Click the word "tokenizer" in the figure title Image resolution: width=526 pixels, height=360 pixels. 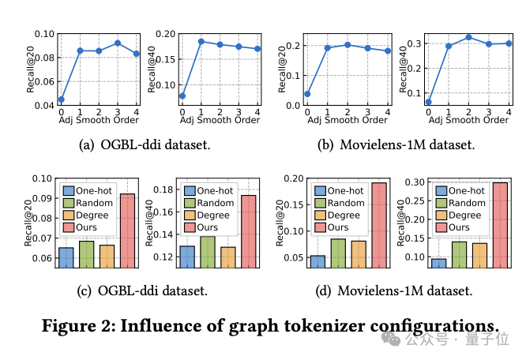325,324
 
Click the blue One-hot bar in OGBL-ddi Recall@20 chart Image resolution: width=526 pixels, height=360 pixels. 66,258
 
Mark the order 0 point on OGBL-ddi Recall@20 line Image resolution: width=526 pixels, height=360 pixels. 61,99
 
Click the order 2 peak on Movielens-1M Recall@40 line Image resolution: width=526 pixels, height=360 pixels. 468,37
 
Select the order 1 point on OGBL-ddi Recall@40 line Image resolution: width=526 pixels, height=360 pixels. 201,41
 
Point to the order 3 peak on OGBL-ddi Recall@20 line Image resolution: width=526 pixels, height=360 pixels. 117,43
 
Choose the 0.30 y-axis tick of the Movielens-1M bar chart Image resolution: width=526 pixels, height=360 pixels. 415,182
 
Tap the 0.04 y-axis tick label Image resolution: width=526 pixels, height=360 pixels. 44,105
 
